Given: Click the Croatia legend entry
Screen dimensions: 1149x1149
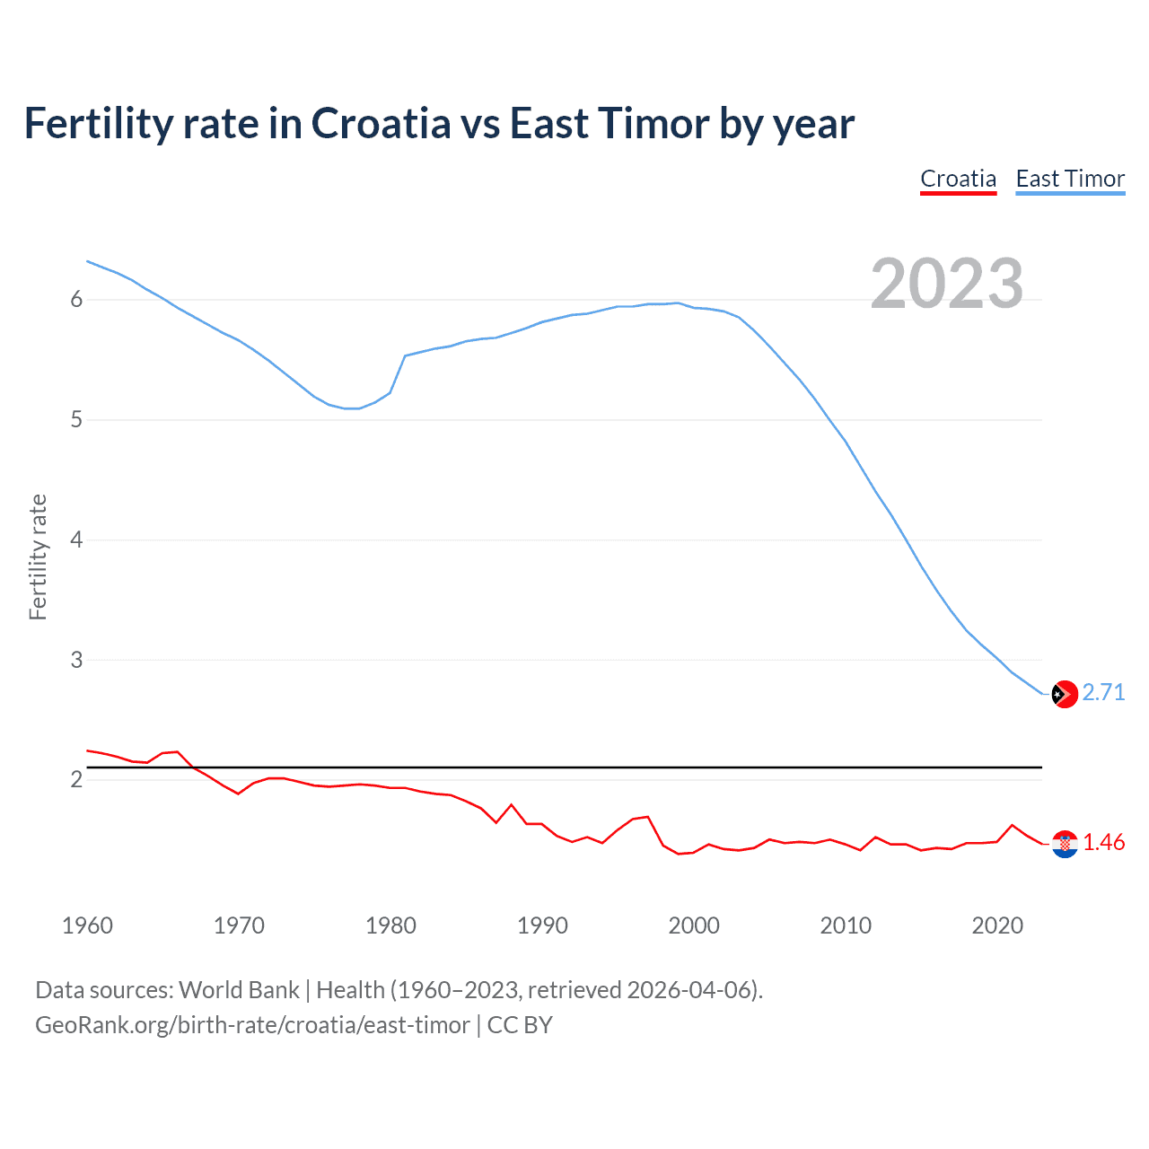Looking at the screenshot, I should coord(958,179).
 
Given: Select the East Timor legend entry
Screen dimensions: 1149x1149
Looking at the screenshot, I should coord(1070,179).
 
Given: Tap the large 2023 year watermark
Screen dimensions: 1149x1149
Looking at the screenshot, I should coord(947,284).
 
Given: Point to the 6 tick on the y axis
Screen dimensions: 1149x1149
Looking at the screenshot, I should coord(76,300).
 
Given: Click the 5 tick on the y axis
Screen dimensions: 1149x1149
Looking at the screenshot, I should coord(76,420).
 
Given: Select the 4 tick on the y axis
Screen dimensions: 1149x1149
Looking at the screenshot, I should coord(76,540).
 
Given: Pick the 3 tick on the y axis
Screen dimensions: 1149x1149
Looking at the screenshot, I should coord(76,661).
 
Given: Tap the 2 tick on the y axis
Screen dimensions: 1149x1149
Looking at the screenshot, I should coord(76,780).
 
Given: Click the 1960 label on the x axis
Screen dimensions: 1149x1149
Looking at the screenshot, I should coord(87,925).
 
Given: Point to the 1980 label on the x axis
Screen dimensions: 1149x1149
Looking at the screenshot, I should coord(390,925).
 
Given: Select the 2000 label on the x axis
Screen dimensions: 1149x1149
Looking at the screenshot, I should coord(694,925).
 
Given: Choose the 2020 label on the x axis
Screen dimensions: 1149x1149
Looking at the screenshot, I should coord(997,925).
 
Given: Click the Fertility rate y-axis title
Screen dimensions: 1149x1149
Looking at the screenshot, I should coord(38,557).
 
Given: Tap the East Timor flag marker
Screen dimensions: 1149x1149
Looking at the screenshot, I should coord(1065,694).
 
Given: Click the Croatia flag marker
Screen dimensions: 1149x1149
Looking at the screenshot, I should coord(1065,844).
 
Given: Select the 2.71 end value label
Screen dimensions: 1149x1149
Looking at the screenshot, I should coord(1103,692).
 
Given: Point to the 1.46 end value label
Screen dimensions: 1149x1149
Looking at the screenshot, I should coord(1103,842).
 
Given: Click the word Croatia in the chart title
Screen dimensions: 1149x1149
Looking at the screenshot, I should coord(381,124).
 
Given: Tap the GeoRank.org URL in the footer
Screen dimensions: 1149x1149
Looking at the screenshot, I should coord(252,1025).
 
